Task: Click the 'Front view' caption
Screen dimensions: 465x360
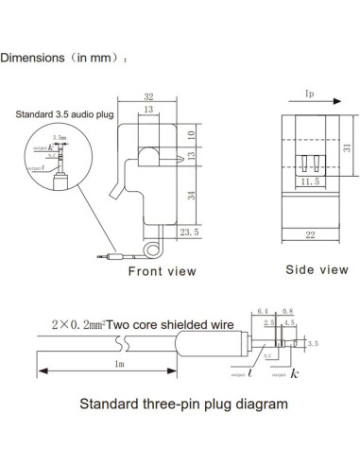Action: coord(163,271)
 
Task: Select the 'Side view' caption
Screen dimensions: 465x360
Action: coord(317,270)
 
